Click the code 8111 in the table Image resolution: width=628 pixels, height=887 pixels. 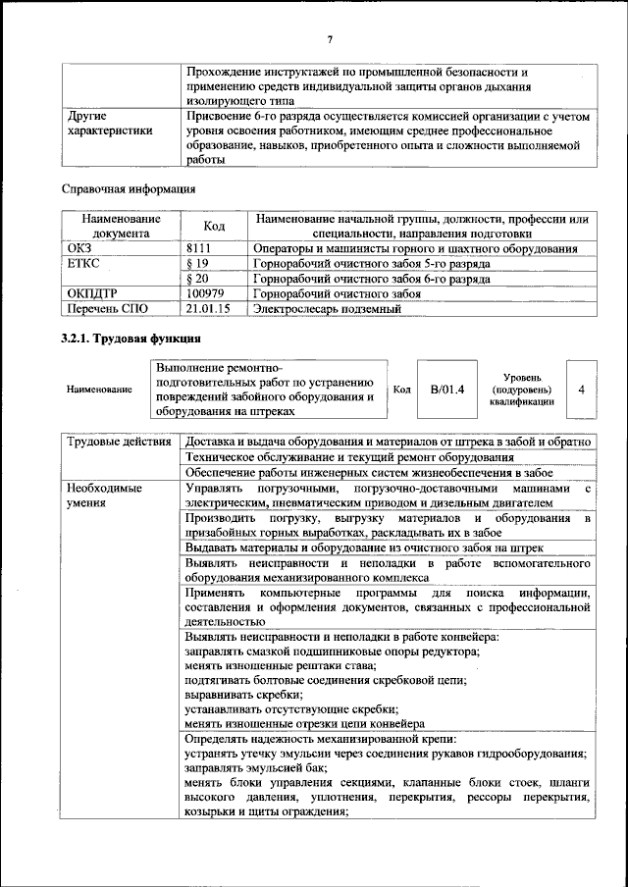pos(199,249)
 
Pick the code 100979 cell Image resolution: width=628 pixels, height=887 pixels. pos(205,293)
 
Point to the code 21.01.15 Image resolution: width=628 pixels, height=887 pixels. pos(207,308)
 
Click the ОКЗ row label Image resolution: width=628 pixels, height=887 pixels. pos(78,249)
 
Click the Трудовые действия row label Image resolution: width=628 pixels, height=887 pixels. pos(119,443)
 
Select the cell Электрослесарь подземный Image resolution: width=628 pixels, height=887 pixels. pos(327,308)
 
